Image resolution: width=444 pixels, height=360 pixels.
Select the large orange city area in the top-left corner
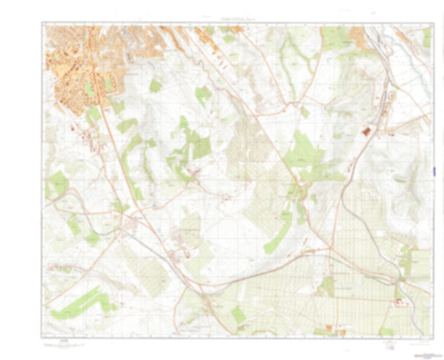tap(79, 58)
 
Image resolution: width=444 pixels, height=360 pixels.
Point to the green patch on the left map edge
tap(57, 182)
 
